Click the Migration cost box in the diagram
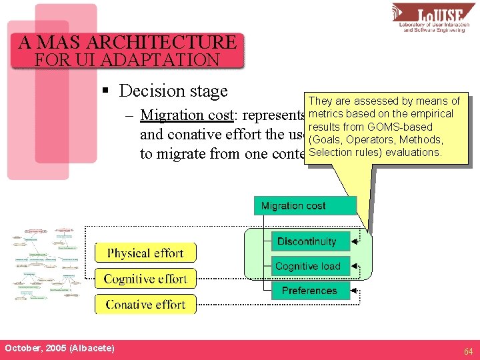(x=305, y=205)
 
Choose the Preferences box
(x=310, y=291)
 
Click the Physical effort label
(x=145, y=253)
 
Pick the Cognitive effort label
(x=145, y=279)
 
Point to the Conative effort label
(x=145, y=304)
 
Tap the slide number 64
(x=469, y=351)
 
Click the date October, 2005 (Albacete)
(x=59, y=349)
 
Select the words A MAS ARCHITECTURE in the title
(x=127, y=43)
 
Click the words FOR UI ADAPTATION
(x=127, y=59)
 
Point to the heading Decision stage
(x=173, y=91)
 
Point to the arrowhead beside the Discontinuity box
(x=355, y=242)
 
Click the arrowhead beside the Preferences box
(x=355, y=291)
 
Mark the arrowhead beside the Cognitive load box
(x=355, y=267)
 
